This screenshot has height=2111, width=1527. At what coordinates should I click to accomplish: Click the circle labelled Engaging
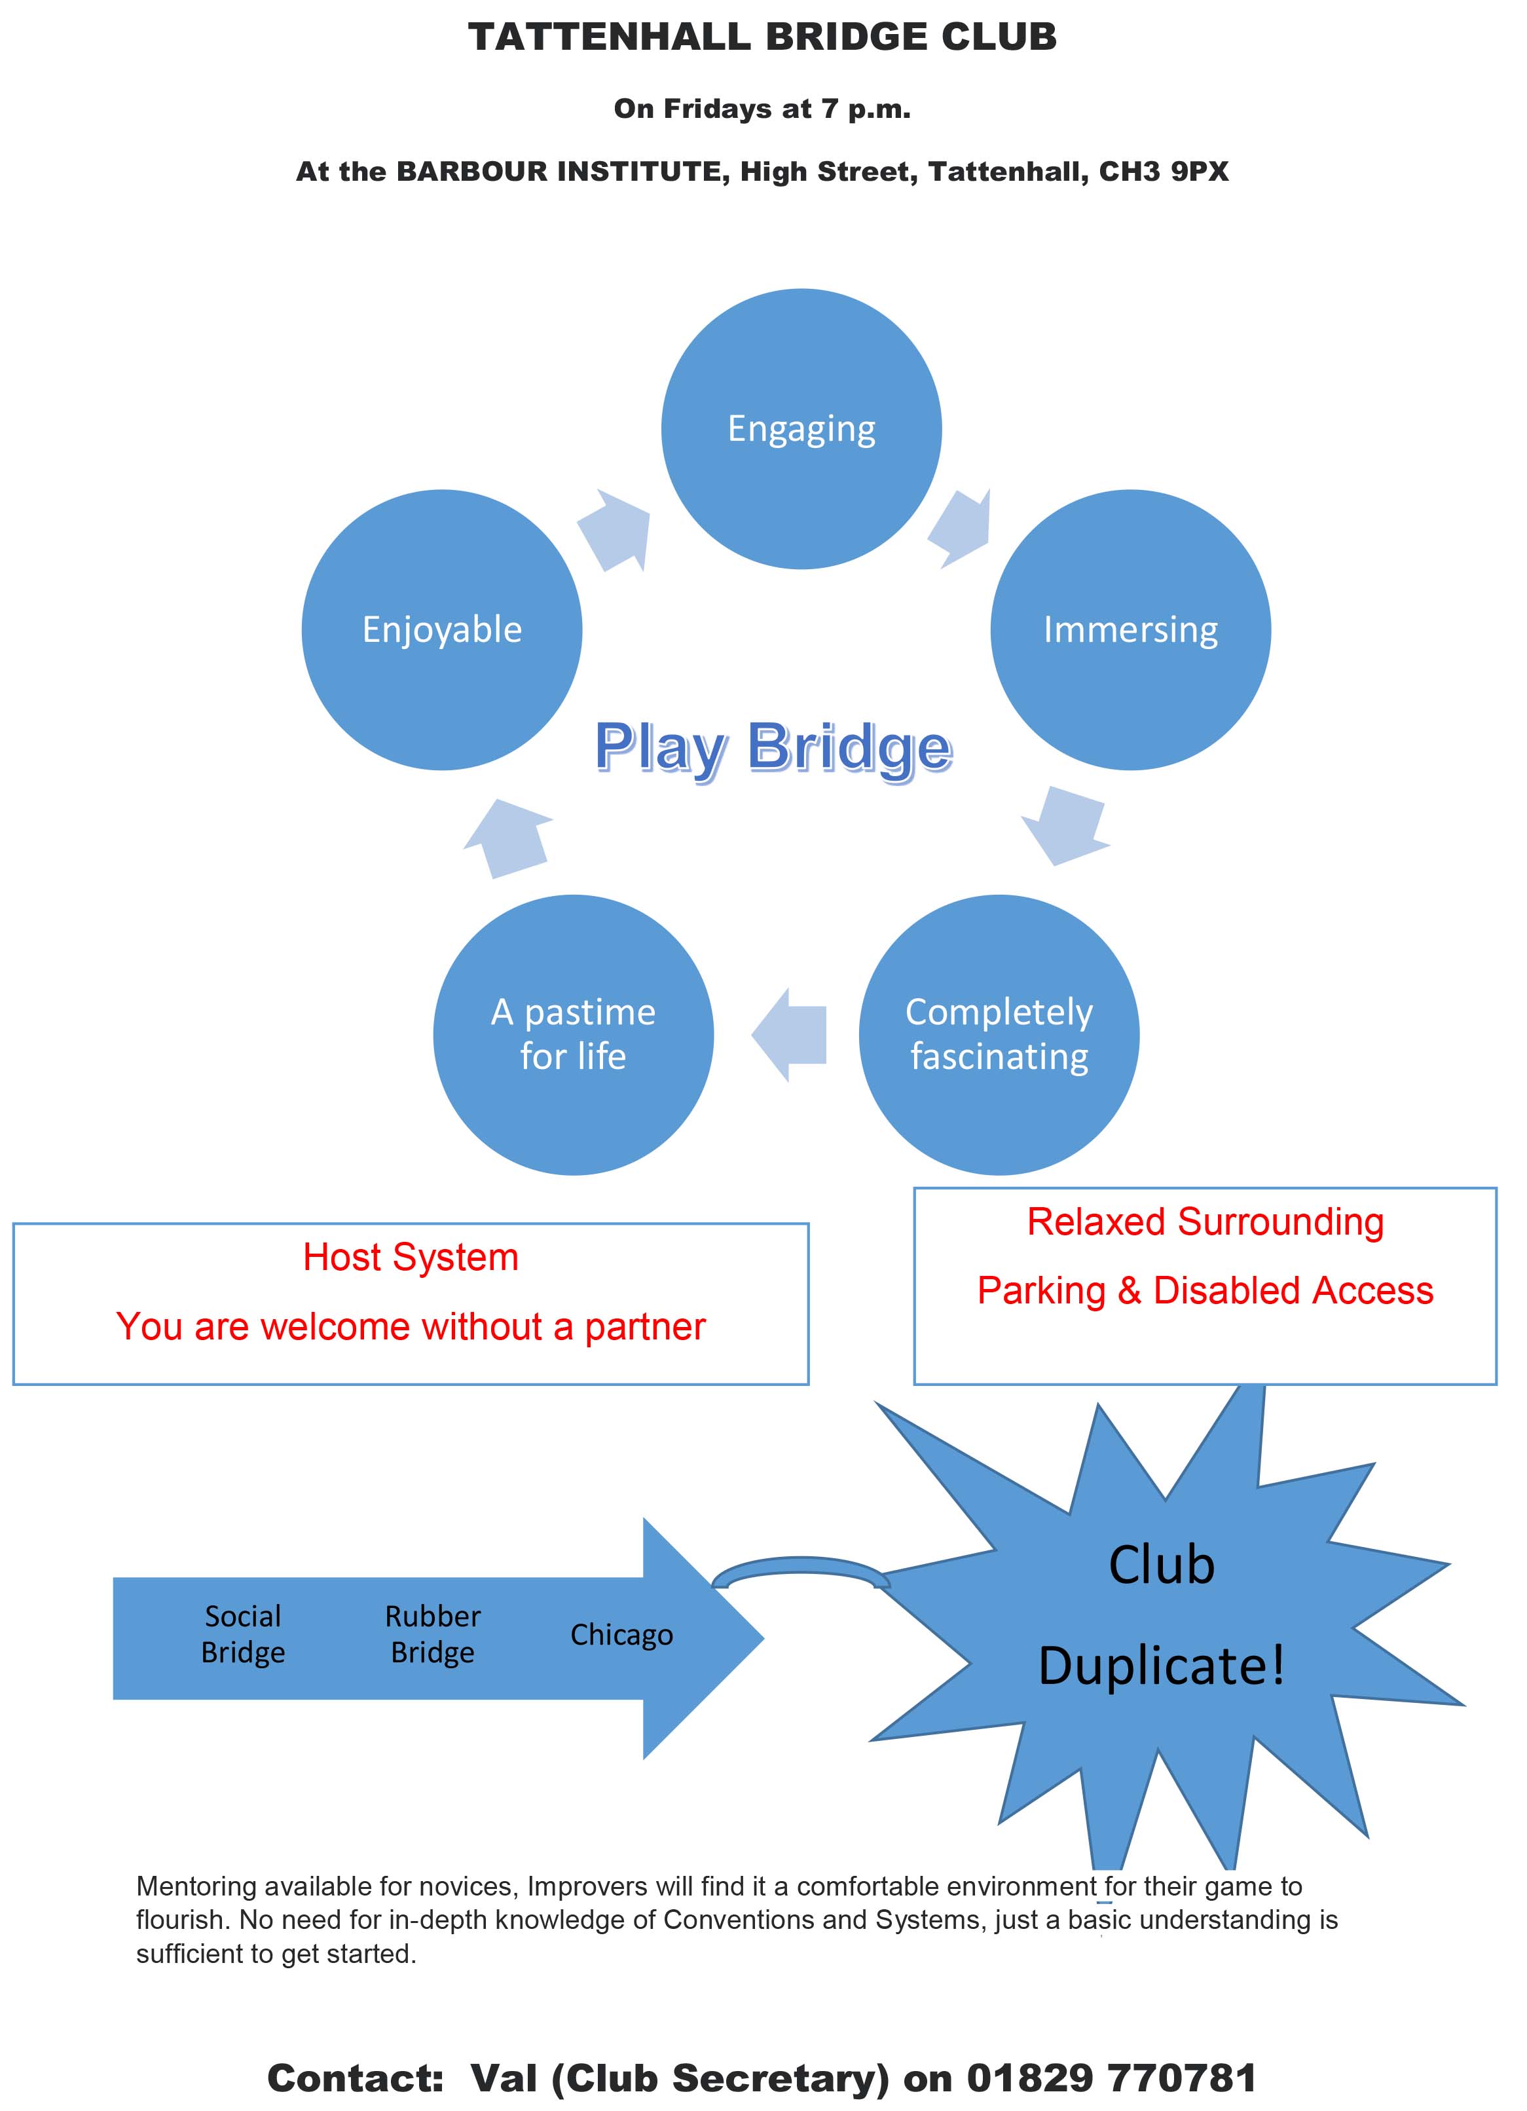(801, 429)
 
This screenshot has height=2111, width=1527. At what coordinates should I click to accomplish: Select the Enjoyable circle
(442, 630)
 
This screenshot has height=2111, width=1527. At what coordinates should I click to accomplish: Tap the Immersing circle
(1131, 630)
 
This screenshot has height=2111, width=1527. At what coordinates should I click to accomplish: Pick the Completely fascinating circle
(999, 1035)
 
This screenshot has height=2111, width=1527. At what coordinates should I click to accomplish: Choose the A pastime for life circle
(573, 1035)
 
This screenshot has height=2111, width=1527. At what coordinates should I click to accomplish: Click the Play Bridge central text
(773, 747)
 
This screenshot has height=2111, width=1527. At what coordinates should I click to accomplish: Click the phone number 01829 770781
(1112, 2078)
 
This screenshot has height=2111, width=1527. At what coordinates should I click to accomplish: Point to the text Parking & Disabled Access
(1205, 1291)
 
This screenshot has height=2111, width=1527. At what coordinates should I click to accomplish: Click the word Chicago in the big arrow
(621, 1634)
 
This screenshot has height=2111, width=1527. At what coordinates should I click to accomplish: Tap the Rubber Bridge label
(433, 1634)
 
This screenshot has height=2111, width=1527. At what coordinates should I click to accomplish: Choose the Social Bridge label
(243, 1634)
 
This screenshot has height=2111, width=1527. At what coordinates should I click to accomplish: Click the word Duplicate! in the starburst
(1162, 1665)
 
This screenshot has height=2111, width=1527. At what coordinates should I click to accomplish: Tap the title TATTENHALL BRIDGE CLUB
(762, 37)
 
